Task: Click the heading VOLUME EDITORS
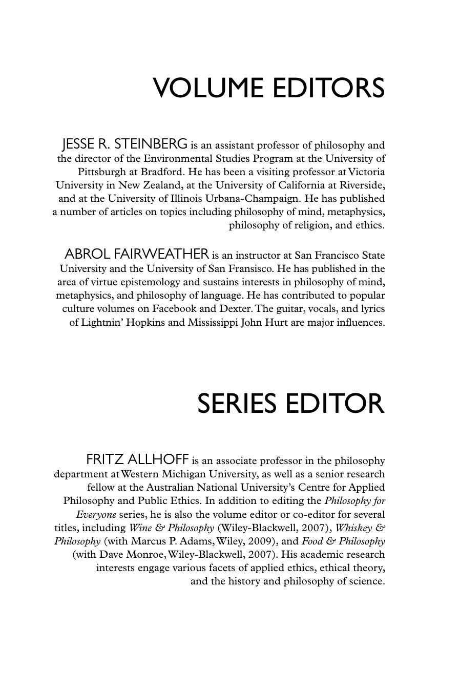269,88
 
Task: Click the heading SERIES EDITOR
290,404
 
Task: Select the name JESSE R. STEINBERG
124,144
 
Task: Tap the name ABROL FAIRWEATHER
137,254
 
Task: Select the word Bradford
162,172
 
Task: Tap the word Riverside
362,185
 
